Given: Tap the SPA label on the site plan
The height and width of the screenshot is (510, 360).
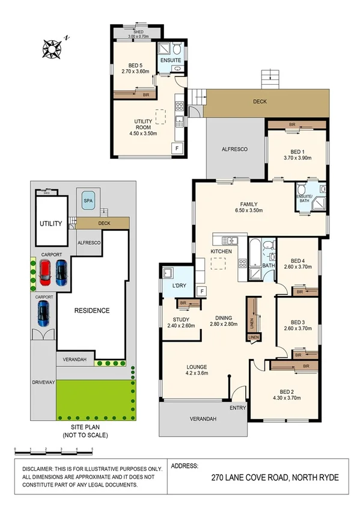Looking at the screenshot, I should click(88, 200).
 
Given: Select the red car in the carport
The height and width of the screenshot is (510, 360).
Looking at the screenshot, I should click(45, 272).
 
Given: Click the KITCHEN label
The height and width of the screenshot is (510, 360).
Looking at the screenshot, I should click(221, 250).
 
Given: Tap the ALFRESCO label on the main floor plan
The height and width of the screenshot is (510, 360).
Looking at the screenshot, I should click(234, 149).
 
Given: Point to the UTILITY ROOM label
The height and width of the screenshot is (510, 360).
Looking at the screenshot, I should click(143, 124).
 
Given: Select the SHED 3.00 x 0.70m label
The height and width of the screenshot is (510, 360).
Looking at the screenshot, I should click(138, 35).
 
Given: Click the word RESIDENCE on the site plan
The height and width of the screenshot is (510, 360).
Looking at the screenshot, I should click(92, 310).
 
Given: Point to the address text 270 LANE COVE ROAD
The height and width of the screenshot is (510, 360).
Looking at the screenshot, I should click(275, 478).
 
